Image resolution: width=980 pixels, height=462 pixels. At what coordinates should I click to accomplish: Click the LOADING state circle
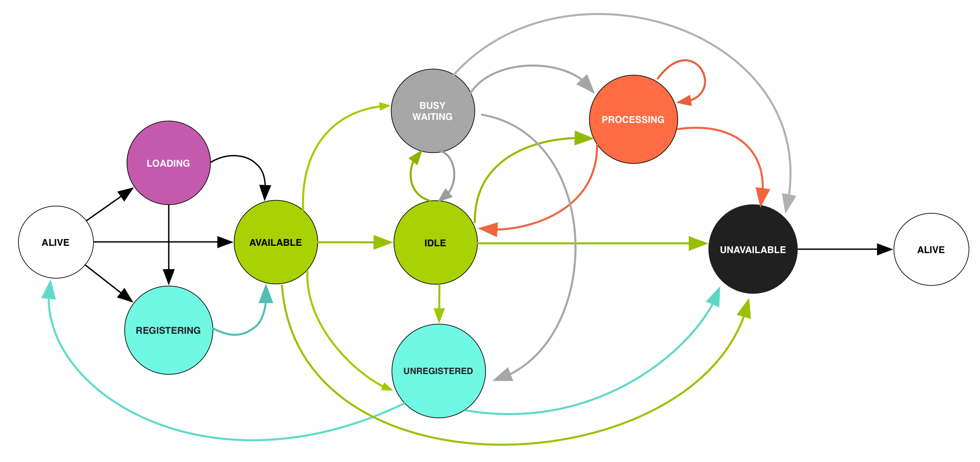168,163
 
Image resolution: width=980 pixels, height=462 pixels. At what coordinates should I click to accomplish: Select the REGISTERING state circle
168,330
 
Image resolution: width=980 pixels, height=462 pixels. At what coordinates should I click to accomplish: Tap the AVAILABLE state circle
276,242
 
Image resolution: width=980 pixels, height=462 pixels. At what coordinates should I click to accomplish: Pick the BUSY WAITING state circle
432,111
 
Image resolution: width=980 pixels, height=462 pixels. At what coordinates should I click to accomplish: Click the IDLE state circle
435,242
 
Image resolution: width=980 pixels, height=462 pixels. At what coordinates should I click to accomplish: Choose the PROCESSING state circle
633,120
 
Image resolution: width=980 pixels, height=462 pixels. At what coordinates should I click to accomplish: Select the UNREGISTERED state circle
438,371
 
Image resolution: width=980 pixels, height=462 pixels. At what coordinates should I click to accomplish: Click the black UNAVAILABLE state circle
753,249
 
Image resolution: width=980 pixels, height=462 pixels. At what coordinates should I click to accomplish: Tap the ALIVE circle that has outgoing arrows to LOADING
56,242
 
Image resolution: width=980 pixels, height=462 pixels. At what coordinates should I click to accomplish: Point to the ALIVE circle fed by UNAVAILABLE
931,249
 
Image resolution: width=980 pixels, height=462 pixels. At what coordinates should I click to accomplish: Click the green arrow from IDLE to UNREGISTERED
439,304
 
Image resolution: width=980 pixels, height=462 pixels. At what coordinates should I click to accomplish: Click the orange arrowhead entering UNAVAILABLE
763,197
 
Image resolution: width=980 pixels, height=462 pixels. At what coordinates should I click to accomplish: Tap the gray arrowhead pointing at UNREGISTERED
504,375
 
